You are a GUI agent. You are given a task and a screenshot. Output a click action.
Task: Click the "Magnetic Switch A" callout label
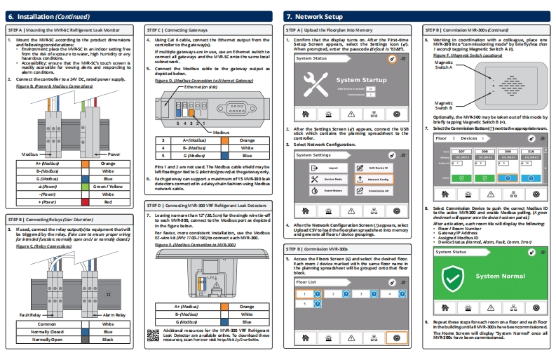(x=445, y=65)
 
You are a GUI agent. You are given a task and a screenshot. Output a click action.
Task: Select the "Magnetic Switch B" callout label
(x=445, y=105)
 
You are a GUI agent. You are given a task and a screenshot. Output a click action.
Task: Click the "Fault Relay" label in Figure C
(x=31, y=315)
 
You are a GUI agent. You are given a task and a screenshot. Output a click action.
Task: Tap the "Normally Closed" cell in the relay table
(x=48, y=332)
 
